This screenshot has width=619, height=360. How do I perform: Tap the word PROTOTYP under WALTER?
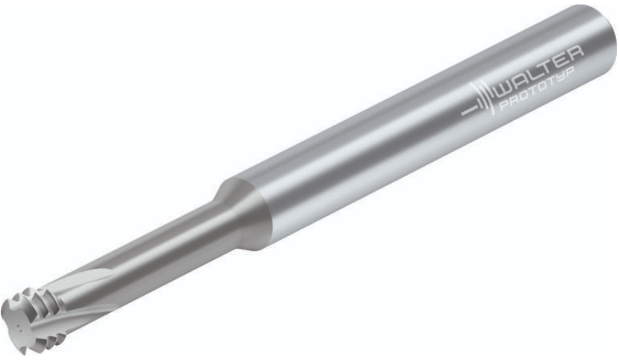pyautogui.click(x=538, y=90)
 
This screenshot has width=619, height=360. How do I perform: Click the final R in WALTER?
pyautogui.click(x=574, y=53)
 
